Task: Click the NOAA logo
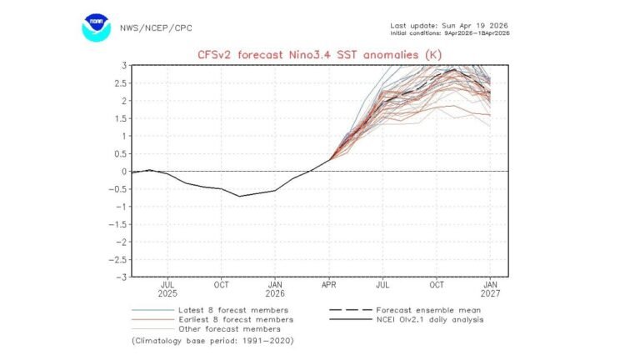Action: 96,27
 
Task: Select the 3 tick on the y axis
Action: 123,65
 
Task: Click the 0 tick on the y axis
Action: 123,172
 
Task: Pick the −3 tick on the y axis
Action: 121,277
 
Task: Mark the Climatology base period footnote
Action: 212,341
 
